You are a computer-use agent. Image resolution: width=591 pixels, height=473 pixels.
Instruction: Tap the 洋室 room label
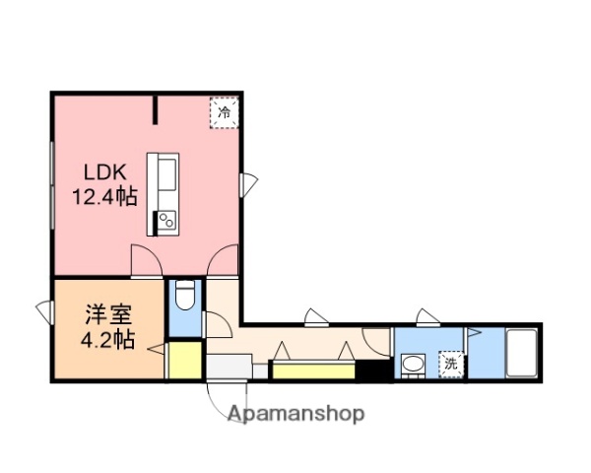[107, 317]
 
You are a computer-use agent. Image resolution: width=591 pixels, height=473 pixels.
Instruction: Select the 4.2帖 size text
[107, 341]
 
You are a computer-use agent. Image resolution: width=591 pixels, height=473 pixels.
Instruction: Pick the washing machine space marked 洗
[450, 364]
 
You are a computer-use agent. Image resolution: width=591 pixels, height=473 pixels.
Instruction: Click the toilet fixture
[184, 296]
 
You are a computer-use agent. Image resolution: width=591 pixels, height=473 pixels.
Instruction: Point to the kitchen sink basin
[164, 177]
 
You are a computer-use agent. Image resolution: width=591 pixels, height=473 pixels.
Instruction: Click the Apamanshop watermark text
[296, 414]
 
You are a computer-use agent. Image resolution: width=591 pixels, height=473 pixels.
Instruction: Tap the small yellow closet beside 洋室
[183, 360]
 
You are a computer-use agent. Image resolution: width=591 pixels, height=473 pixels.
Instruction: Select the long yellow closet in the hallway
[313, 372]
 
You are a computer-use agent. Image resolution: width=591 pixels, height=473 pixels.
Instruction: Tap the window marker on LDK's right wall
[249, 183]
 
